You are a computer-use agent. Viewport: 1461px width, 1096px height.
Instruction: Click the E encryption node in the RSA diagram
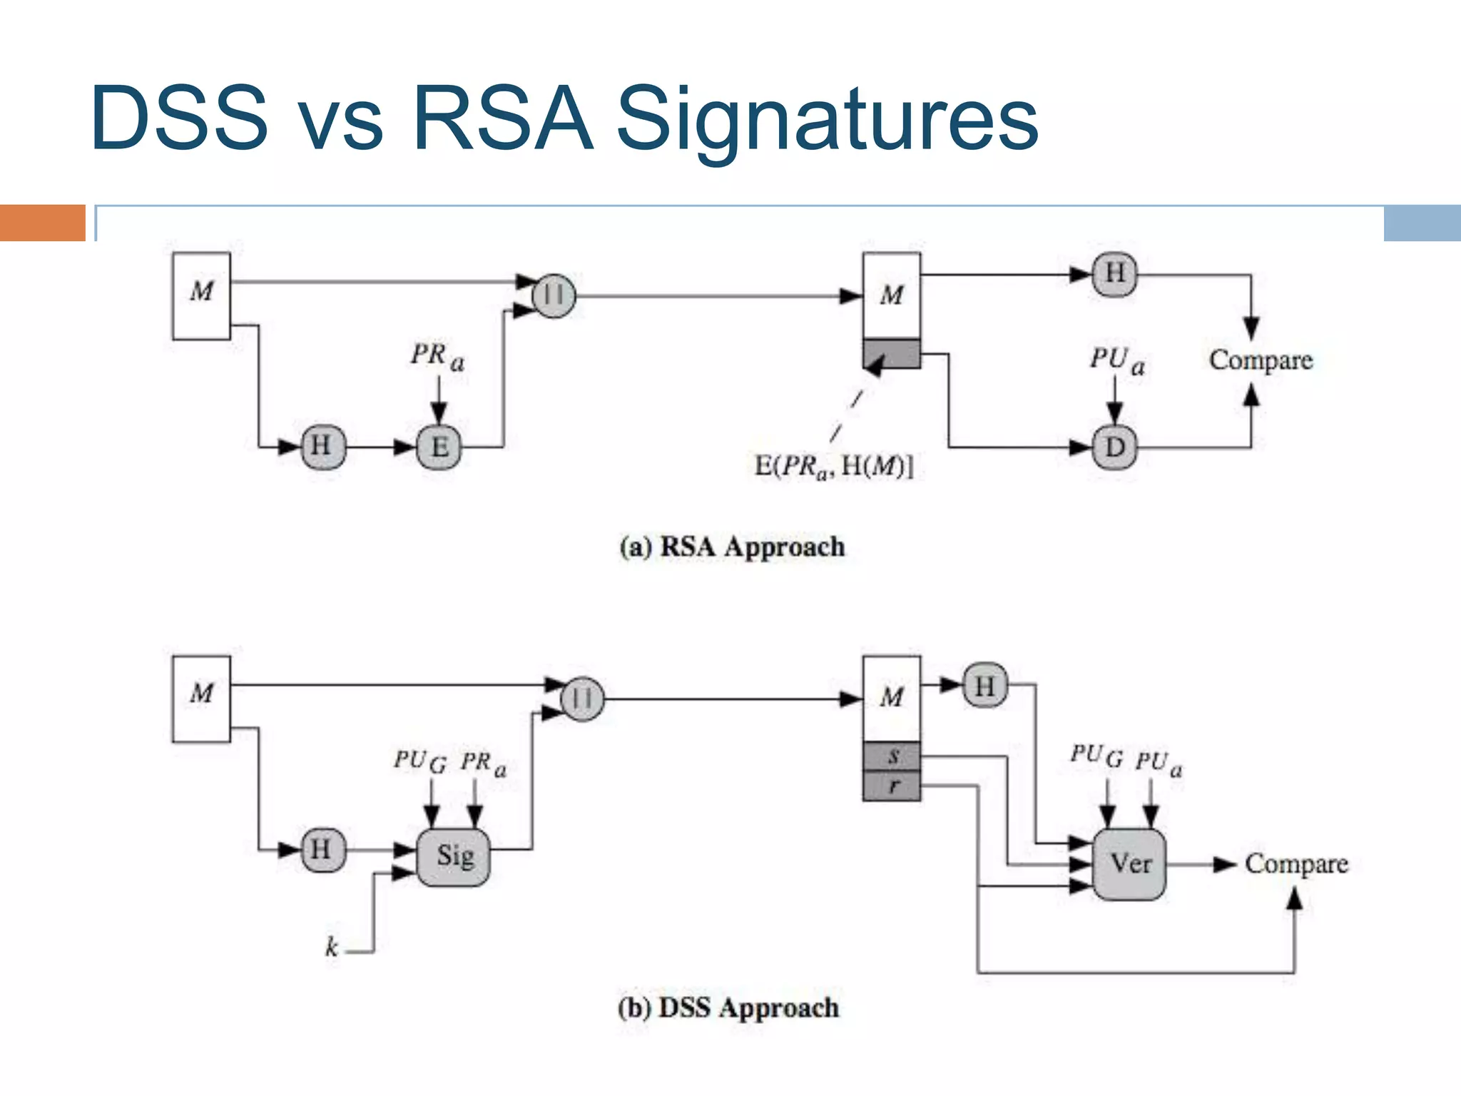pos(439,447)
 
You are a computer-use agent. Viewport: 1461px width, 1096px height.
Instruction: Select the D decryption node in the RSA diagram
pos(1114,447)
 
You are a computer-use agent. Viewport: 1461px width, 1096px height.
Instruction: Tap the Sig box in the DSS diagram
pos(454,856)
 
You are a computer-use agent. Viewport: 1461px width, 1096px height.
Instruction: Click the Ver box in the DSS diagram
pos(1130,864)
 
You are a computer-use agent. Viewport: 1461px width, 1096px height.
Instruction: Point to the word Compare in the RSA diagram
pos(1261,360)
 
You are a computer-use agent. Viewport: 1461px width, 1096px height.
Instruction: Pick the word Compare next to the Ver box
pos(1296,864)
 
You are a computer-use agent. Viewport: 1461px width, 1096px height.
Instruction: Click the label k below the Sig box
pos(332,947)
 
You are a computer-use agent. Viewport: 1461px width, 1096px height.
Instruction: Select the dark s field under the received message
pos(892,756)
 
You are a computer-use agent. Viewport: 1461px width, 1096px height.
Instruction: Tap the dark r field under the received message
pos(892,786)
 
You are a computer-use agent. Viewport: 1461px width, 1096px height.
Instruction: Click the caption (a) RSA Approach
pos(732,547)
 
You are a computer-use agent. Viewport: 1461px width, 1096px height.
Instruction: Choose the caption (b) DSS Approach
pos(728,1008)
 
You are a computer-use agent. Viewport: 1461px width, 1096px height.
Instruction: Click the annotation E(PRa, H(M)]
pos(834,467)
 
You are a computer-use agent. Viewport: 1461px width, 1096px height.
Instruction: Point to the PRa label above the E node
pos(437,356)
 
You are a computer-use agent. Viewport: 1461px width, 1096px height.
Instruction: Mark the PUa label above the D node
pos(1116,360)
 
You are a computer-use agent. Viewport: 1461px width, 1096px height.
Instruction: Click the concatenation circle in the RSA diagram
pos(554,295)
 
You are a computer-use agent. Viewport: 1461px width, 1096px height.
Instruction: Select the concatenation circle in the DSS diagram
pos(582,699)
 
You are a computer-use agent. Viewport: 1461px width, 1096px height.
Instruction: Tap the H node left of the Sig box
pos(322,850)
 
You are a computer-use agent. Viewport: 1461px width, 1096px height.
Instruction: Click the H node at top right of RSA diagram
pos(1114,274)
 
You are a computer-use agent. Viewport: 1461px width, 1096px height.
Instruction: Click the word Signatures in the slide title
pos(826,119)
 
